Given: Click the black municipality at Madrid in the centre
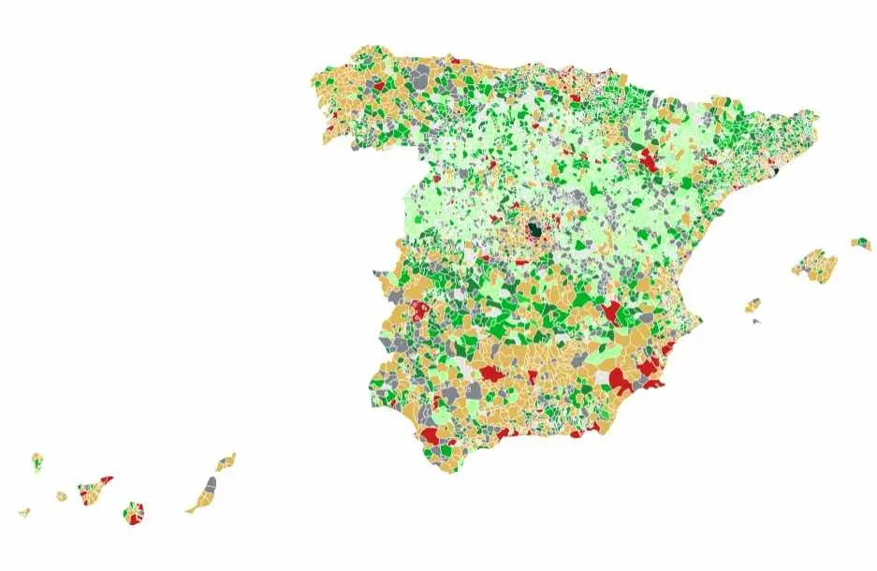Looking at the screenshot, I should pyautogui.click(x=534, y=228).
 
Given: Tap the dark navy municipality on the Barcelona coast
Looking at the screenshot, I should pyautogui.click(x=775, y=171).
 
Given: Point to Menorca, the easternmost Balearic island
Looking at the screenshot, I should pyautogui.click(x=860, y=244).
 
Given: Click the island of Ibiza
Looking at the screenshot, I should pyautogui.click(x=753, y=305).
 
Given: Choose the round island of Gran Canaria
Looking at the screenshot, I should pyautogui.click(x=134, y=513).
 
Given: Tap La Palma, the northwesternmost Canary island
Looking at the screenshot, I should pyautogui.click(x=37, y=461).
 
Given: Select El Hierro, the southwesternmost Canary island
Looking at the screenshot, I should pyautogui.click(x=24, y=513).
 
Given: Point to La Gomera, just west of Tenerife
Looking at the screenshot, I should pyautogui.click(x=62, y=496).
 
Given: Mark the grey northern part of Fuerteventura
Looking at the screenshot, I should pyautogui.click(x=211, y=486).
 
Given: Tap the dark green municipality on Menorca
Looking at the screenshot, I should pyautogui.click(x=865, y=246).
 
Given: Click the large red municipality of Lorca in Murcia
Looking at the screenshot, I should pyautogui.click(x=620, y=379).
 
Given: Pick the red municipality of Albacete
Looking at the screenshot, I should pyautogui.click(x=612, y=312).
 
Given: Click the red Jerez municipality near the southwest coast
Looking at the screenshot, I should pyautogui.click(x=430, y=435).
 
